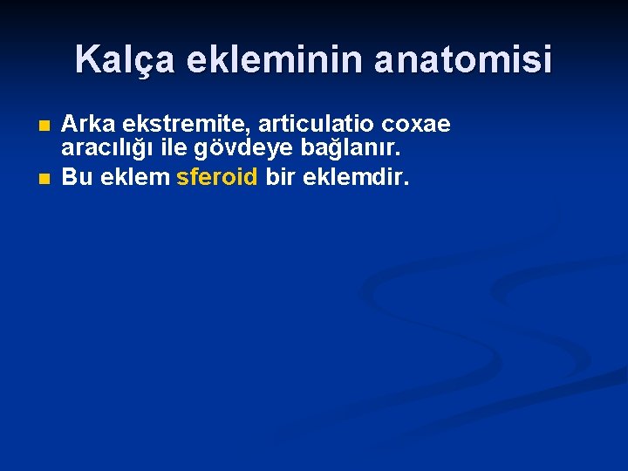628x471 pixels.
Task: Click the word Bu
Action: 77,178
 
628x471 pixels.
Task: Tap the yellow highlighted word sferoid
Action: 217,178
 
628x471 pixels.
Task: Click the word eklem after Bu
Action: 133,178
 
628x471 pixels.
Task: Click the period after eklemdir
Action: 406,184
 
